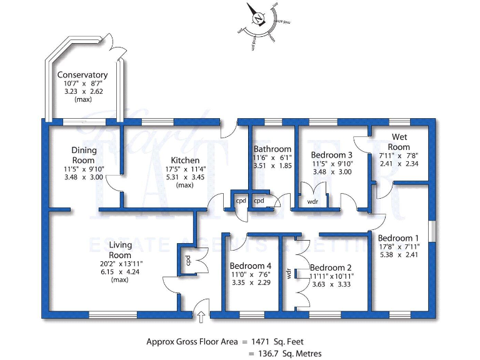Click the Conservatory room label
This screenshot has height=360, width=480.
pos(82,76)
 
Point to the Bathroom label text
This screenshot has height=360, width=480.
pos(272,149)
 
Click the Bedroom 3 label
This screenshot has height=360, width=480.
pos(332,155)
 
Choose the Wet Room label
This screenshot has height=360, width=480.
pos(400,142)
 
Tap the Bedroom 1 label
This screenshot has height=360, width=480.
pos(399,237)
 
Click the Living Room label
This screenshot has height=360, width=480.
pos(119,250)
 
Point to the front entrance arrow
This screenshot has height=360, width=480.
pos(201,317)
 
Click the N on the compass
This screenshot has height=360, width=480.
pos(257,19)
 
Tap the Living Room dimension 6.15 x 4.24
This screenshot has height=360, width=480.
pos(119,272)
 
